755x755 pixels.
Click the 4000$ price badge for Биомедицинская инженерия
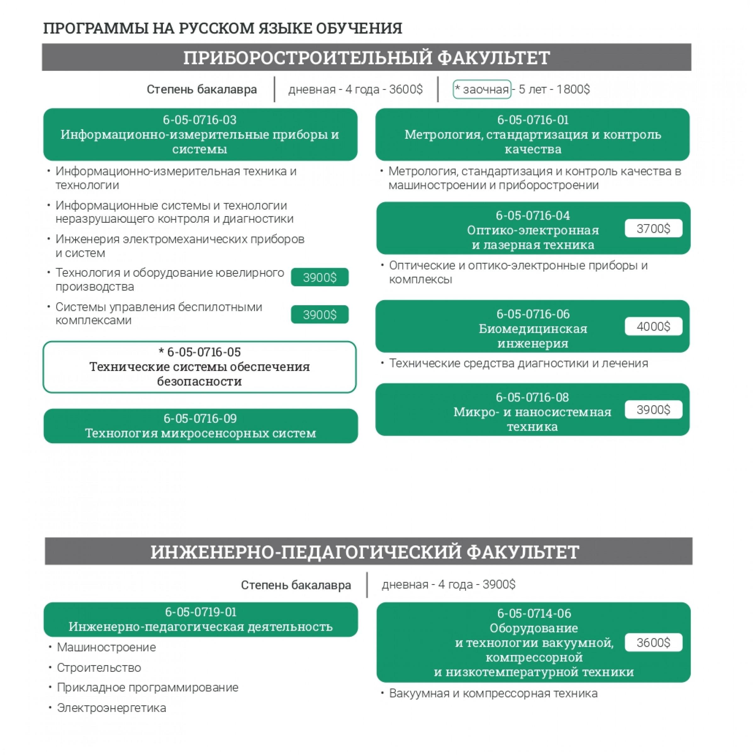click(653, 326)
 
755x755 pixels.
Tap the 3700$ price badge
click(653, 228)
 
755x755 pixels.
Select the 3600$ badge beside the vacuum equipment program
click(653, 642)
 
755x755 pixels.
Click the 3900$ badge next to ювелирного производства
click(319, 277)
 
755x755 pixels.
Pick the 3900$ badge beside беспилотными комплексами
click(319, 315)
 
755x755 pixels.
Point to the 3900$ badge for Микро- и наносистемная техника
click(653, 410)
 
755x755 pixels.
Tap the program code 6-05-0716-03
click(200, 120)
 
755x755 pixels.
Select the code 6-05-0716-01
click(533, 120)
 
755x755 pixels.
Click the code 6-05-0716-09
click(200, 418)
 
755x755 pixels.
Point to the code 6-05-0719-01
click(201, 612)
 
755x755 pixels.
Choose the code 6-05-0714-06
click(534, 613)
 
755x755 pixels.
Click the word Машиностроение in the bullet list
click(106, 647)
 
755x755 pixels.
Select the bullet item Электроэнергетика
click(111, 708)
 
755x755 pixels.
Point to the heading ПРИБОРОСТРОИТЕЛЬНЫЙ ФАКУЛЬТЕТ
click(366, 58)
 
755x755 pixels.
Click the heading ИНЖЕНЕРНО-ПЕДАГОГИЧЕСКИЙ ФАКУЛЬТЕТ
click(365, 551)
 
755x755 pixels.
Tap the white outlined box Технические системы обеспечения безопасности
click(200, 367)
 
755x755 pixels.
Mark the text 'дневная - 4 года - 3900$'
click(448, 584)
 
